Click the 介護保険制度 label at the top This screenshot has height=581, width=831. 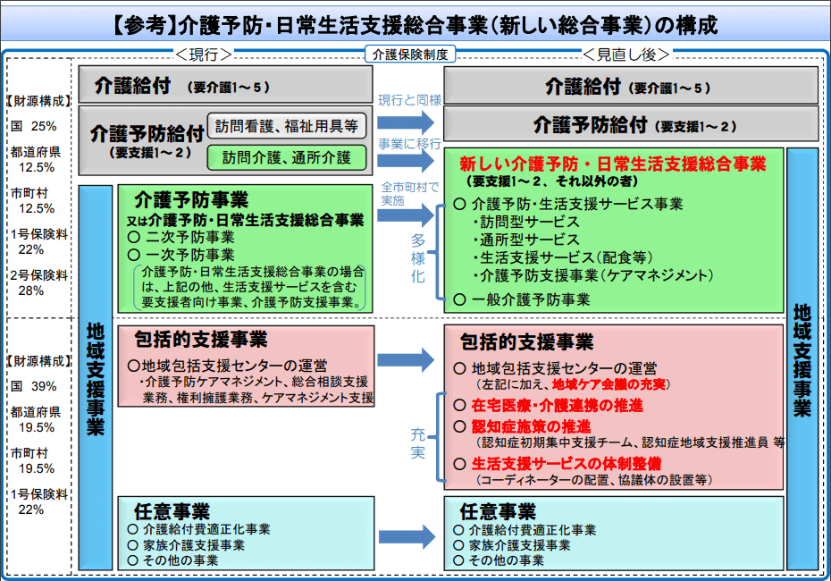click(411, 55)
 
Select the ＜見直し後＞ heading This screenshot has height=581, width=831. click(626, 55)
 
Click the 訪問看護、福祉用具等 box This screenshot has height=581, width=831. click(288, 126)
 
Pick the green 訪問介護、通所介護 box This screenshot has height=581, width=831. click(288, 158)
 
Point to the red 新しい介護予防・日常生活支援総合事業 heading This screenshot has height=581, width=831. click(612, 164)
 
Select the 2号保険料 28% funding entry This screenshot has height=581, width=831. click(38, 282)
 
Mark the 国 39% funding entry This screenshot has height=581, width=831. click(35, 386)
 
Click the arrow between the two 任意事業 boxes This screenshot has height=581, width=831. click(409, 536)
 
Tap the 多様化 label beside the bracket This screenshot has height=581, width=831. click(418, 259)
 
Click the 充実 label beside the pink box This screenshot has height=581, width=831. click(418, 444)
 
